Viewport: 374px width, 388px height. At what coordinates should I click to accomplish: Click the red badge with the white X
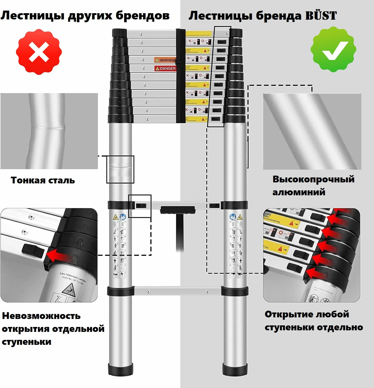click(39, 52)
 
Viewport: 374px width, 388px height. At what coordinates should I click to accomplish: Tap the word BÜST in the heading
click(321, 16)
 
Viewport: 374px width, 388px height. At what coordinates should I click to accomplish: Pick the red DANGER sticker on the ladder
click(165, 68)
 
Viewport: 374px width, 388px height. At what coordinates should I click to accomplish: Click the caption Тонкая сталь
click(43, 180)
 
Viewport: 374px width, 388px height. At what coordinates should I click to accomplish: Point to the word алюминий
click(299, 192)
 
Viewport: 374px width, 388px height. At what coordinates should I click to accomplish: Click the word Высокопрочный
click(313, 179)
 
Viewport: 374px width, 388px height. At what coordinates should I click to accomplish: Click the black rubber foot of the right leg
click(235, 368)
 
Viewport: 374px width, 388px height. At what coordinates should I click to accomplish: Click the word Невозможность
click(41, 316)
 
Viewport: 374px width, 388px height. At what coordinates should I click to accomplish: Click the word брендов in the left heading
click(142, 16)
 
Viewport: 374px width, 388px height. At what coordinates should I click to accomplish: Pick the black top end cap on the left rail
click(119, 33)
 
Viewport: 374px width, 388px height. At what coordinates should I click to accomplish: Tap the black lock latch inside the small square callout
click(141, 206)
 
